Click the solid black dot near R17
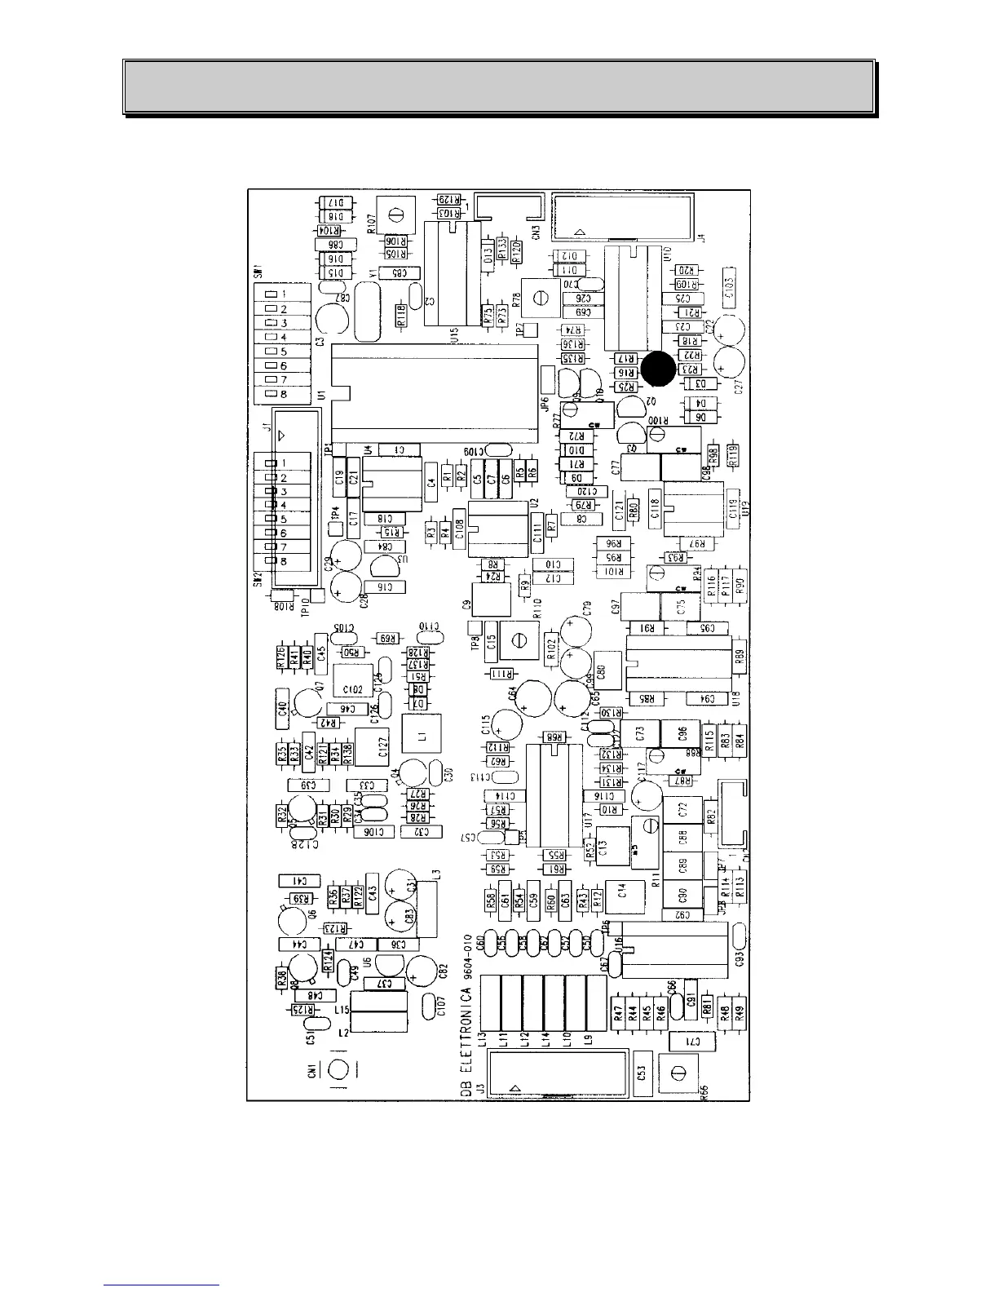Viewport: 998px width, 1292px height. (658, 369)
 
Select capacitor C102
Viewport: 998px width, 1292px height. (353, 689)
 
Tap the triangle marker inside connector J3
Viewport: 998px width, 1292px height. (514, 1088)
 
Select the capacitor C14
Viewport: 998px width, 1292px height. (621, 891)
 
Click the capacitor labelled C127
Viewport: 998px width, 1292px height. (383, 747)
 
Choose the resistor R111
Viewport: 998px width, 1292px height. (499, 673)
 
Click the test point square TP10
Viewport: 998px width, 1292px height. (317, 596)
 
